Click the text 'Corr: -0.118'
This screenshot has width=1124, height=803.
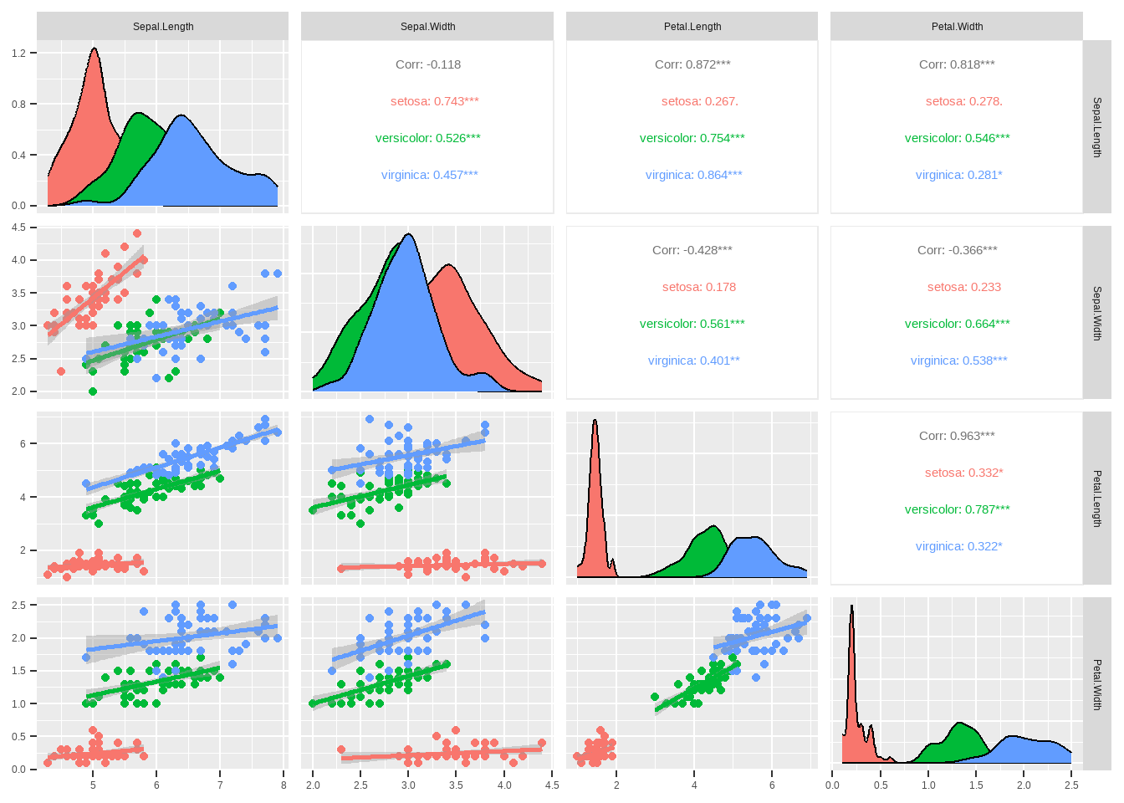pos(428,64)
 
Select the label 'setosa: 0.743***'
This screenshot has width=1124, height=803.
pos(434,101)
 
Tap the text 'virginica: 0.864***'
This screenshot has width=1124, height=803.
pos(693,175)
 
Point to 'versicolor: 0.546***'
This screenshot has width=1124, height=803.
pos(957,138)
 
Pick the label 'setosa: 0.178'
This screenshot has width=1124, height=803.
pos(699,287)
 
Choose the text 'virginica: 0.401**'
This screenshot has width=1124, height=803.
pos(693,361)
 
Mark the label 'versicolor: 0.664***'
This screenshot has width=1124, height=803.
pos(957,324)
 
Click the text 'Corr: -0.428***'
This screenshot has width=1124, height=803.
pos(692,250)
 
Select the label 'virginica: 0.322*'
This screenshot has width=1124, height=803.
pos(958,546)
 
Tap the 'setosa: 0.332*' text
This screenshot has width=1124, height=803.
pos(963,473)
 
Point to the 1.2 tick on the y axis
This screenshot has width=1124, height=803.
pos(19,53)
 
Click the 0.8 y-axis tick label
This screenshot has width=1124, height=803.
pos(19,105)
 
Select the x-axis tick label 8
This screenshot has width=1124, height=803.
pos(284,785)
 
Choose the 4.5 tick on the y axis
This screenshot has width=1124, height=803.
pos(19,228)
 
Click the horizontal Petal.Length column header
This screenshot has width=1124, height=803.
pos(692,27)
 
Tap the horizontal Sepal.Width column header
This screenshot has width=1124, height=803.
pos(427,27)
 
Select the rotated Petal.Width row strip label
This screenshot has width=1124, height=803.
pos(1097,684)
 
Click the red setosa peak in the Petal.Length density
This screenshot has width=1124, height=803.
pos(595,422)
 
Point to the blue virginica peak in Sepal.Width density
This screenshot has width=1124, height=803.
pos(408,236)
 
